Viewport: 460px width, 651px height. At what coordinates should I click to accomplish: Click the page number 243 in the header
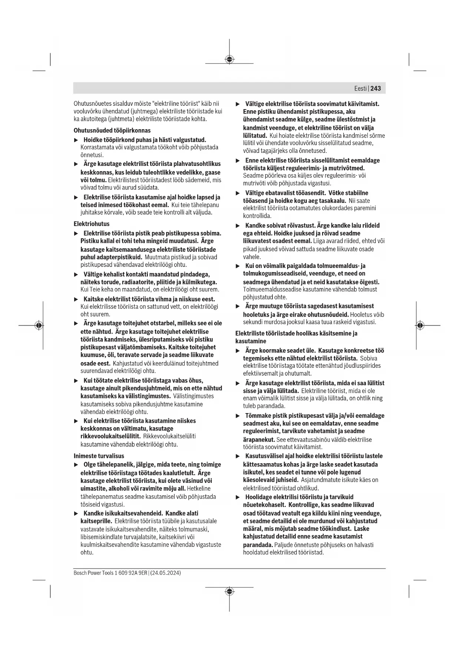375,88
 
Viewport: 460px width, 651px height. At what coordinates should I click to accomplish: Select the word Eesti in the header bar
360,88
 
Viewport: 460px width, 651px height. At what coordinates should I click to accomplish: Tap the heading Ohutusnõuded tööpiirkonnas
112,131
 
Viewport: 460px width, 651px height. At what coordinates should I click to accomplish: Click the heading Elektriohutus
92,224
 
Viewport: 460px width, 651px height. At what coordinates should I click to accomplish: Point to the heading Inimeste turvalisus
99,456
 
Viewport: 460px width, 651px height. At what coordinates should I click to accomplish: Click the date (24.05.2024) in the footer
165,573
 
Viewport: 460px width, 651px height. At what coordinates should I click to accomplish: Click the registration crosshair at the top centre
229,59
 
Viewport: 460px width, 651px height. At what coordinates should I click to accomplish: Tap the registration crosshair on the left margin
39,325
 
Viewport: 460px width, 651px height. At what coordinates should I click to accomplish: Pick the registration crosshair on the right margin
420,325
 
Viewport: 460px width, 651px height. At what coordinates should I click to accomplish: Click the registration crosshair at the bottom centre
229,591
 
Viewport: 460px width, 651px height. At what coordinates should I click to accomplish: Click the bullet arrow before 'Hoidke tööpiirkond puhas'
76,140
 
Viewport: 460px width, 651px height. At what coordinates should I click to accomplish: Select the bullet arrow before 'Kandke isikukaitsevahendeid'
76,513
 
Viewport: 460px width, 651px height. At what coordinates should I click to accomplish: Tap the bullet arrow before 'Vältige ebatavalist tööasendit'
238,193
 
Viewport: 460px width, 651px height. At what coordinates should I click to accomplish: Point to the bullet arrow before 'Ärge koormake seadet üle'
238,351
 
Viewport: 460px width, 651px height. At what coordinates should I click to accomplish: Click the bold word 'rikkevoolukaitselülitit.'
110,436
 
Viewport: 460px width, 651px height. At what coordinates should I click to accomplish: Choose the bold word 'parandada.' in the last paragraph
258,545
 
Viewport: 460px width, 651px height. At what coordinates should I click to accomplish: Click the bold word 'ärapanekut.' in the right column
259,439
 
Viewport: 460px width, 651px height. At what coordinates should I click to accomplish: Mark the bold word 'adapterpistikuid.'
111,257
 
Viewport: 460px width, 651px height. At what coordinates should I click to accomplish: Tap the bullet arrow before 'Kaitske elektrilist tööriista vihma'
76,299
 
